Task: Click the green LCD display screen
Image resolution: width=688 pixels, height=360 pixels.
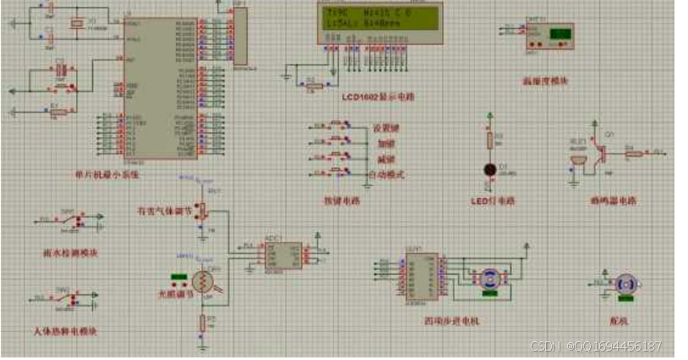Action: point(379,18)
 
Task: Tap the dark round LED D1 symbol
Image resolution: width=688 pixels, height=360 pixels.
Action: point(489,169)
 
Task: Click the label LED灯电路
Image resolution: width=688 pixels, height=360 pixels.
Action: point(493,201)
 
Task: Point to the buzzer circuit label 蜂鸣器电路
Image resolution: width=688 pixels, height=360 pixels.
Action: point(613,201)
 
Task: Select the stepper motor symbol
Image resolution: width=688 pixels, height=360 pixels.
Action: point(489,281)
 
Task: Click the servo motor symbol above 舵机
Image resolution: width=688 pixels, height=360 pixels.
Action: point(625,285)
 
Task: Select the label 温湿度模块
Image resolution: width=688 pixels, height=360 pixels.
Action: point(545,81)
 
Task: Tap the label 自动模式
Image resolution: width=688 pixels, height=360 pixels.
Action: point(387,174)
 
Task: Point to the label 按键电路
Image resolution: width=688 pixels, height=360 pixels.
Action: point(341,200)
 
